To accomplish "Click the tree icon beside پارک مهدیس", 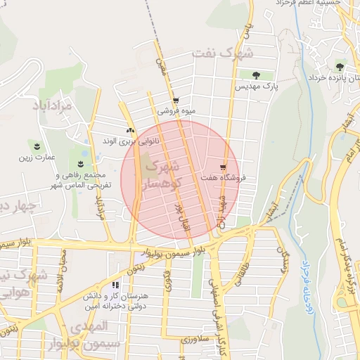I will (256, 75).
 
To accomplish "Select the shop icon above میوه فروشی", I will (175, 101).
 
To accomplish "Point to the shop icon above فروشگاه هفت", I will (223, 167).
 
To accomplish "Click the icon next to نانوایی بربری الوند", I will (129, 130).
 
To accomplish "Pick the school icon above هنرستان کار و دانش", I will (114, 285).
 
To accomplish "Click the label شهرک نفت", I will (236, 53).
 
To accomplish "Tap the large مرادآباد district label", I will (53, 105).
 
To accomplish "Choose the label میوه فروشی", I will (174, 110).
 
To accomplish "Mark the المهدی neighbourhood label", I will (89, 326).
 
